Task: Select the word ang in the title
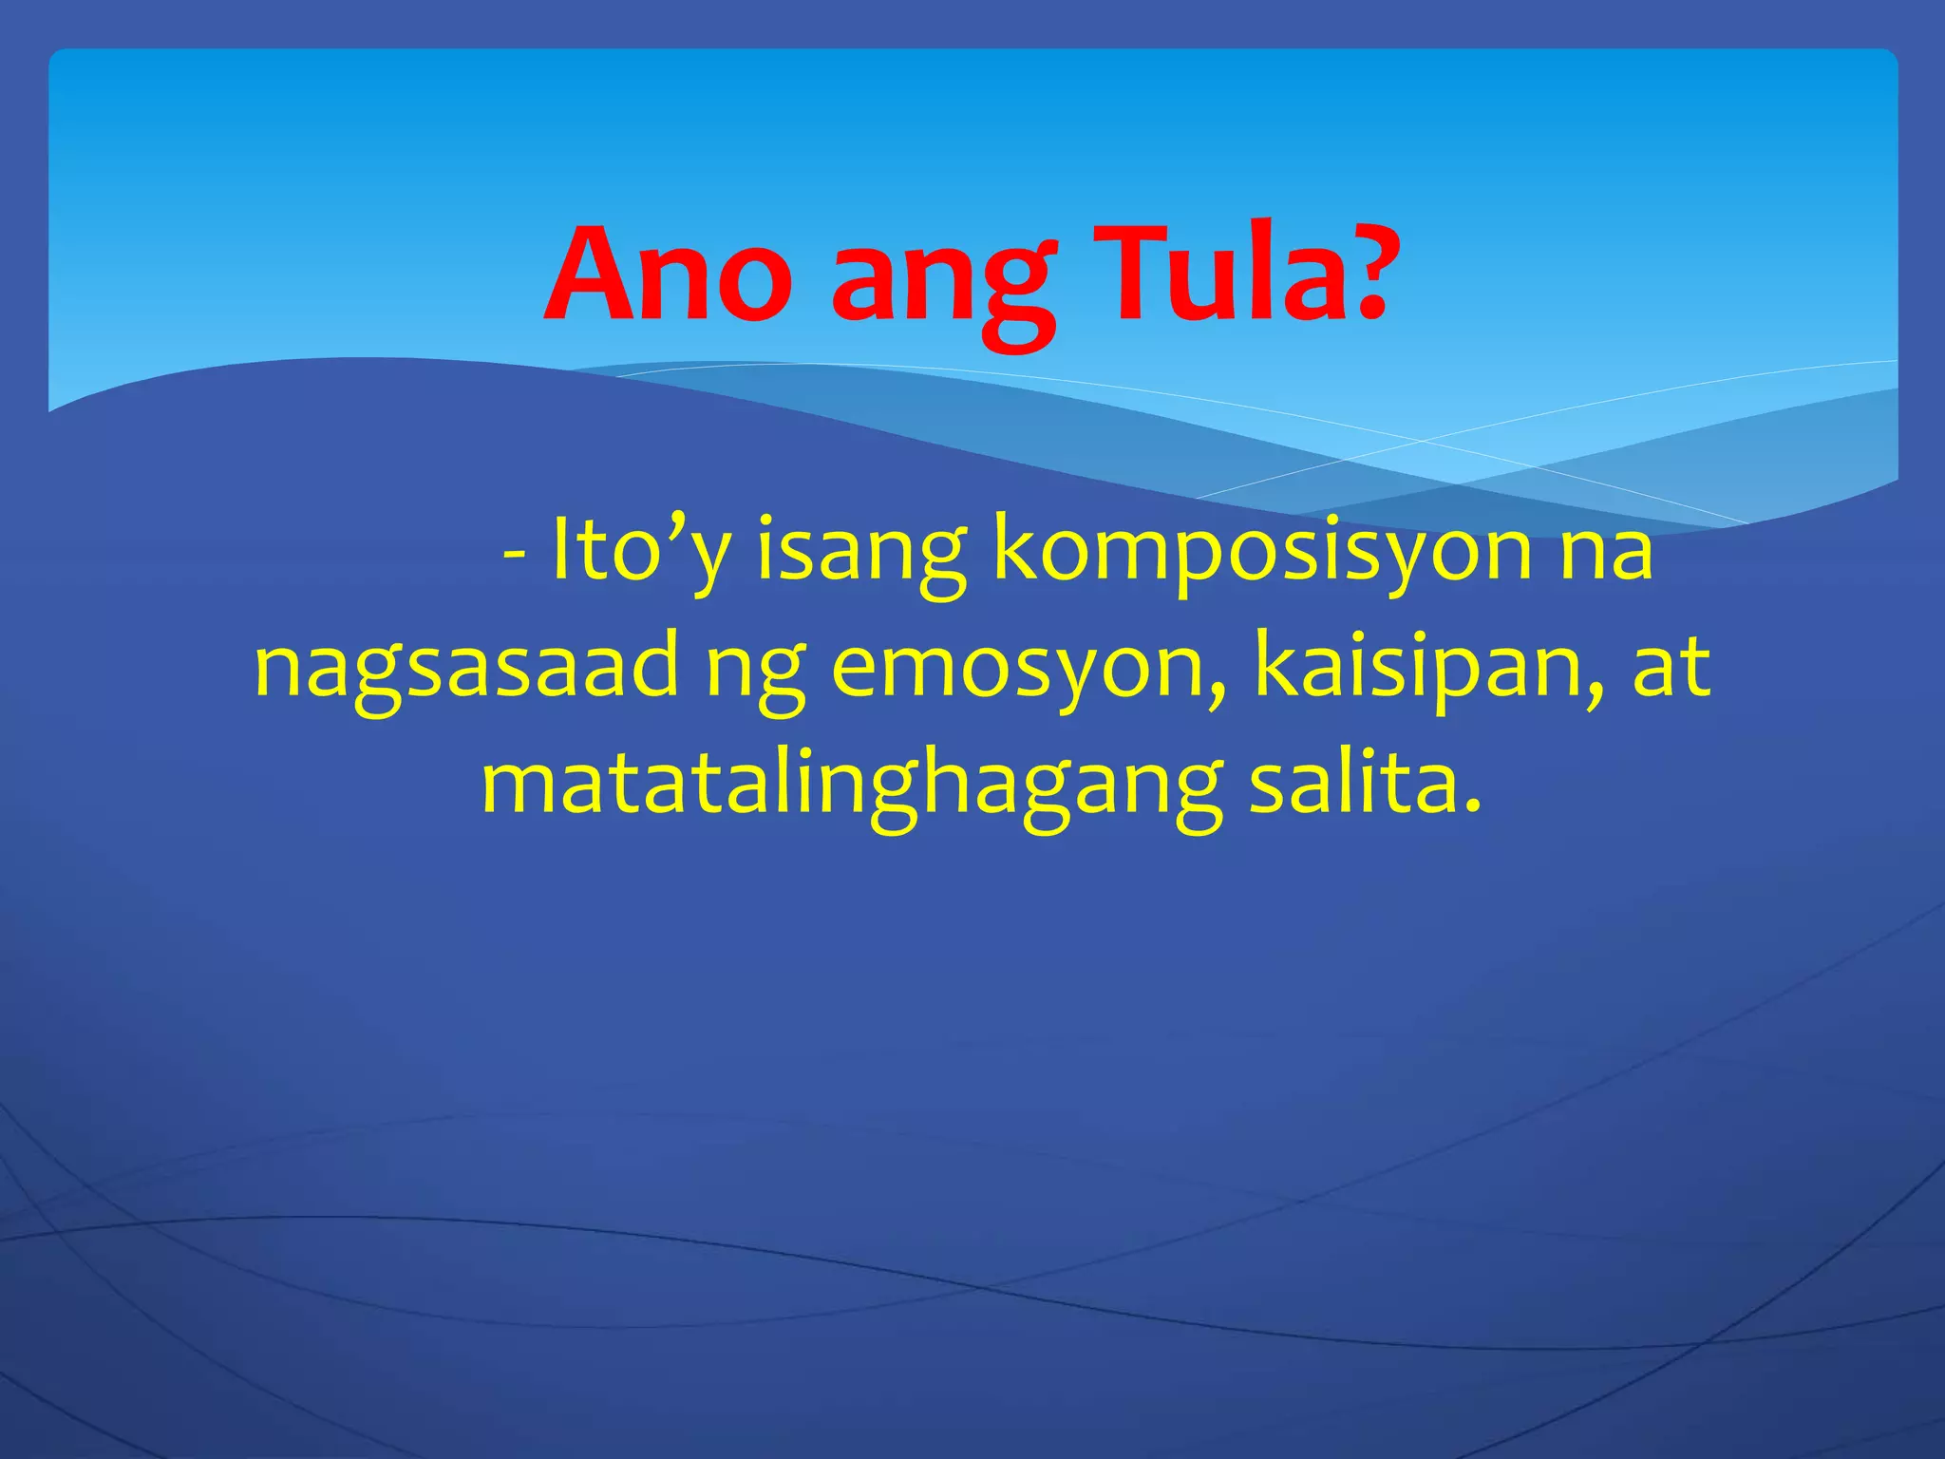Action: click(x=944, y=285)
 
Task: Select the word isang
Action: click(x=860, y=556)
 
